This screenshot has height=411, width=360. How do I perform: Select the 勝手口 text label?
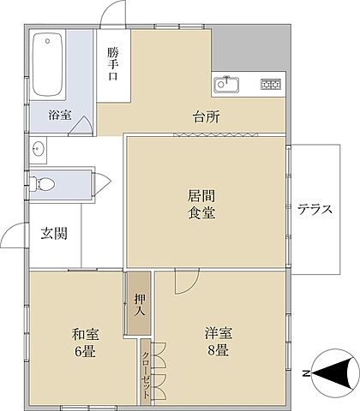click(112, 63)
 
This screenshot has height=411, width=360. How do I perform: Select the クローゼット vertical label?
click(147, 375)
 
